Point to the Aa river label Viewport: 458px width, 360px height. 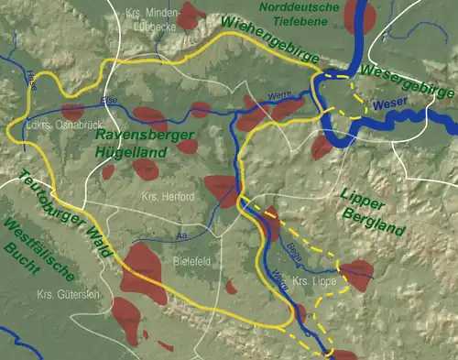tap(180, 236)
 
